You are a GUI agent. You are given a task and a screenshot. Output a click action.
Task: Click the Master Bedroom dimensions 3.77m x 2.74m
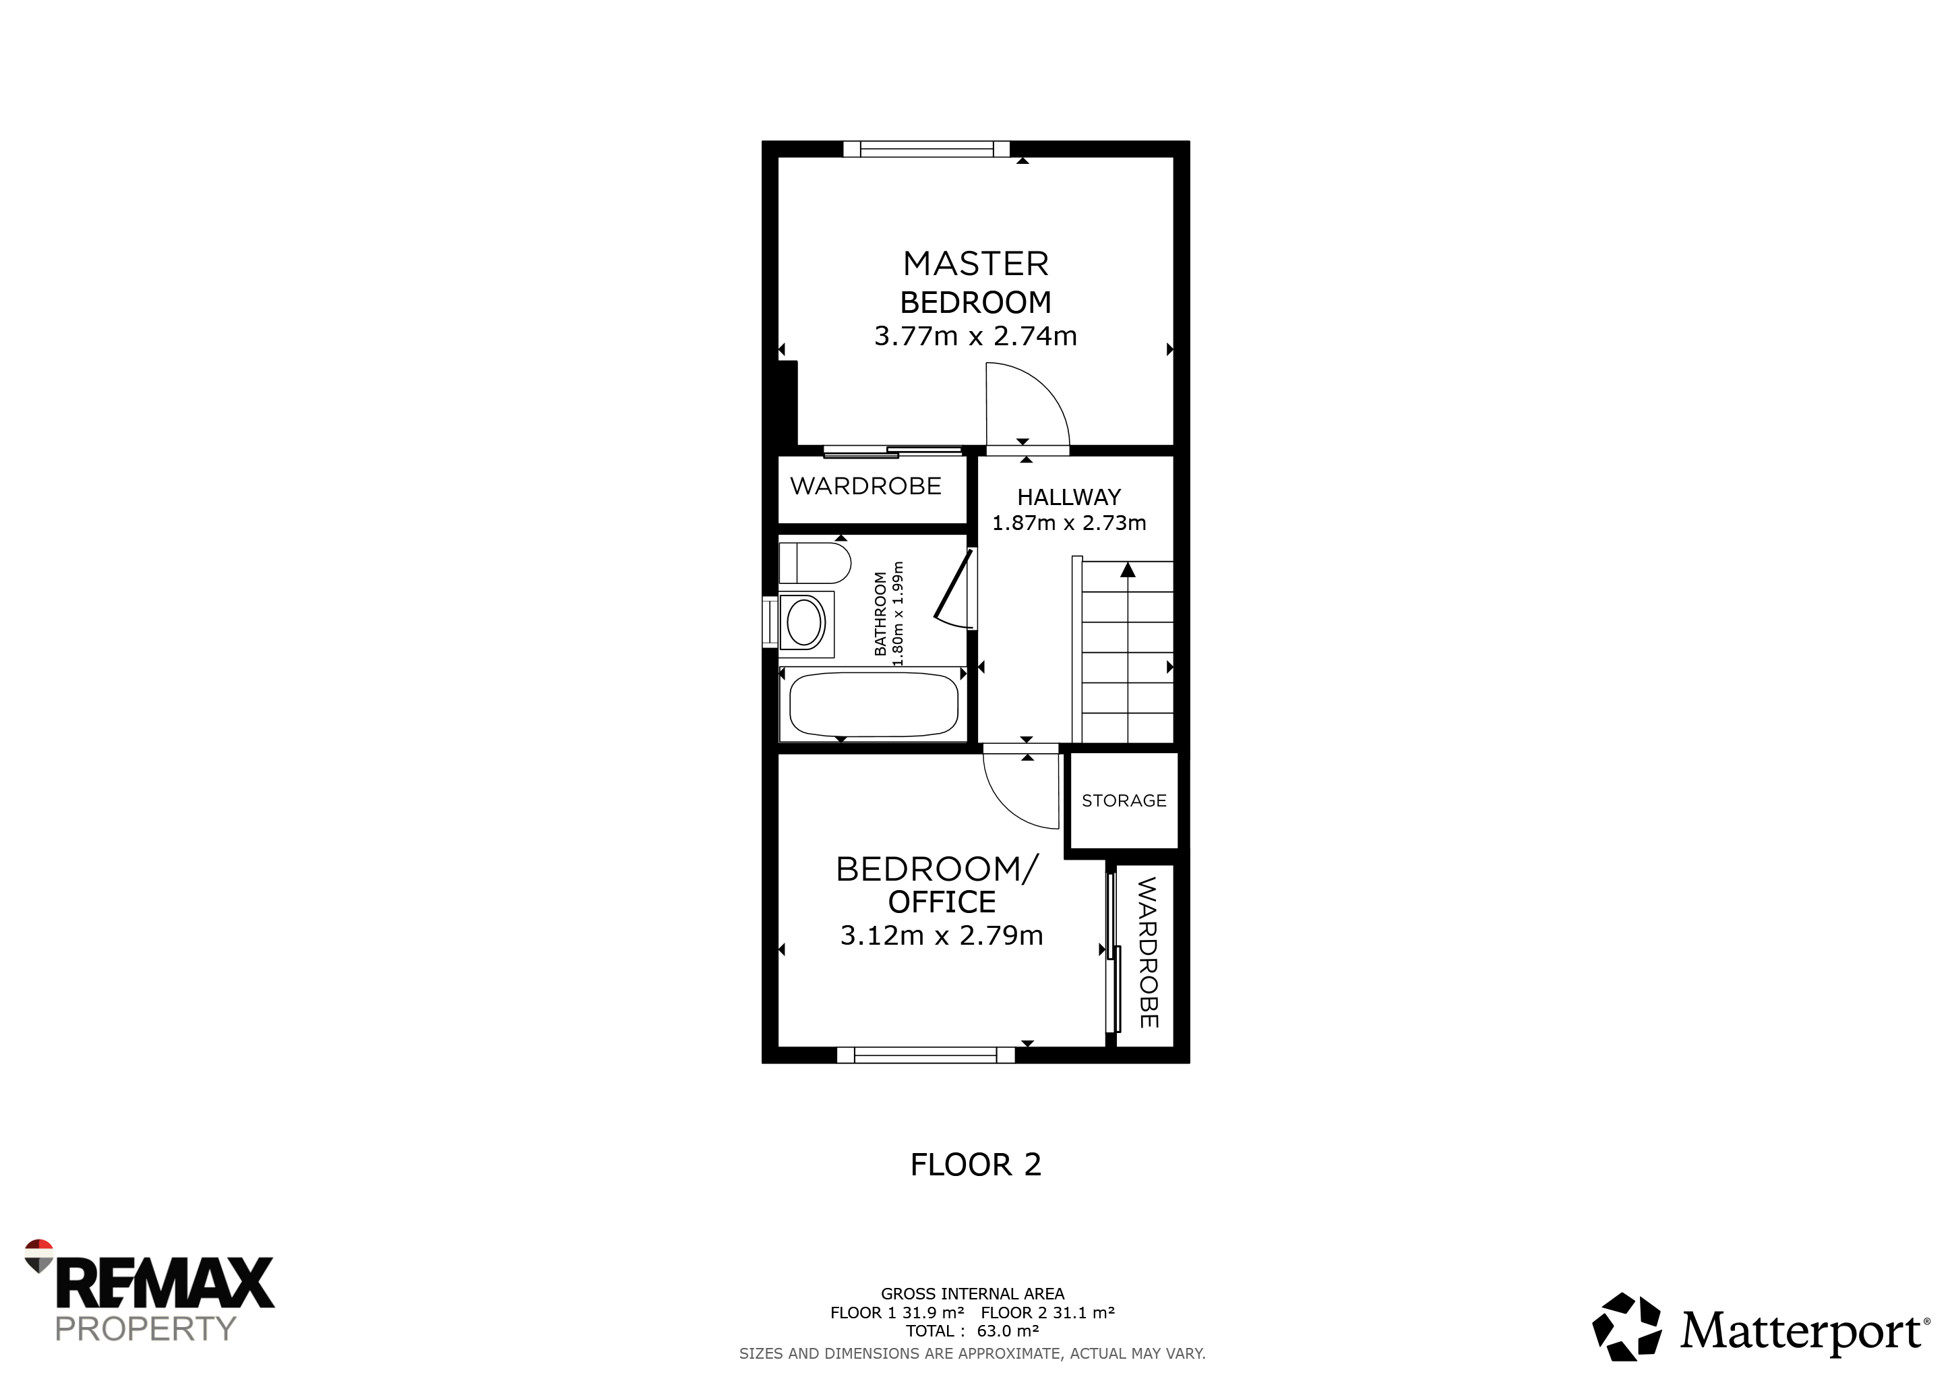click(975, 336)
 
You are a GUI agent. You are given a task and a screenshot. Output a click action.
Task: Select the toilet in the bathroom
click(814, 563)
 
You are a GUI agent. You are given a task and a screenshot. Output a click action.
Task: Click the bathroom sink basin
click(805, 623)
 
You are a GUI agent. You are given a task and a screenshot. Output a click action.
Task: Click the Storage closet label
click(1124, 800)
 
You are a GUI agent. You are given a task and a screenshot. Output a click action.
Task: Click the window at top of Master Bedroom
click(927, 150)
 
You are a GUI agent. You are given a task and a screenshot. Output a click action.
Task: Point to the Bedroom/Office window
click(926, 1055)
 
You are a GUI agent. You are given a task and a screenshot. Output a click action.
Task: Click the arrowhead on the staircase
click(1128, 570)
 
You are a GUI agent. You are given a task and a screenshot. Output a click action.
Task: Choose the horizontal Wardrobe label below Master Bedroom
click(865, 486)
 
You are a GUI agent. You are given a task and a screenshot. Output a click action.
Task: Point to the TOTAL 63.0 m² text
click(973, 1331)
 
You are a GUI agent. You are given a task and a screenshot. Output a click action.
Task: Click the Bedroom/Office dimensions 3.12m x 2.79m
click(941, 935)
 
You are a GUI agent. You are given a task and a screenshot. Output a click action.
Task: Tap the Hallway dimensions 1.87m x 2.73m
click(1068, 523)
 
